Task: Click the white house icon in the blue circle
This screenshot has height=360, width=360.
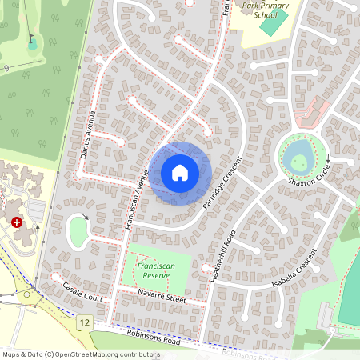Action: tap(180, 173)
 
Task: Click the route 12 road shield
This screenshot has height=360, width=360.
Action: tap(84, 322)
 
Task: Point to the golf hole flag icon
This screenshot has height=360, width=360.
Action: tap(31, 39)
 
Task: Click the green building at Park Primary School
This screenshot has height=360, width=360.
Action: tap(273, 23)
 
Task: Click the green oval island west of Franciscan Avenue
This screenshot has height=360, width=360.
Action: tap(79, 232)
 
